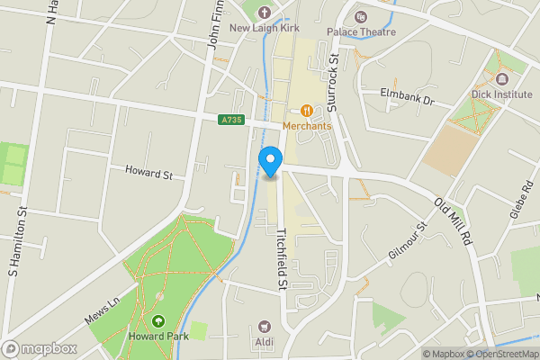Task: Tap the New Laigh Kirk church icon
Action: pyautogui.click(x=264, y=13)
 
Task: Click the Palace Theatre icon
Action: pyautogui.click(x=361, y=16)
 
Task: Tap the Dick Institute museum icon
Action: pyautogui.click(x=501, y=78)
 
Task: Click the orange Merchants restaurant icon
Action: pyautogui.click(x=307, y=110)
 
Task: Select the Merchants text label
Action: pyautogui.click(x=307, y=125)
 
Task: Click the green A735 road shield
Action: pyautogui.click(x=231, y=120)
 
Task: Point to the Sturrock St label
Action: pyautogui.click(x=332, y=82)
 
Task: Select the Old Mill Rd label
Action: pyautogui.click(x=453, y=221)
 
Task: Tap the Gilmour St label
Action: pyautogui.click(x=407, y=241)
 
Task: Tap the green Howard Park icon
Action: pyautogui.click(x=158, y=320)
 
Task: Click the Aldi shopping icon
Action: pyautogui.click(x=265, y=326)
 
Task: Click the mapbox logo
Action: pyautogui.click(x=39, y=348)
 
